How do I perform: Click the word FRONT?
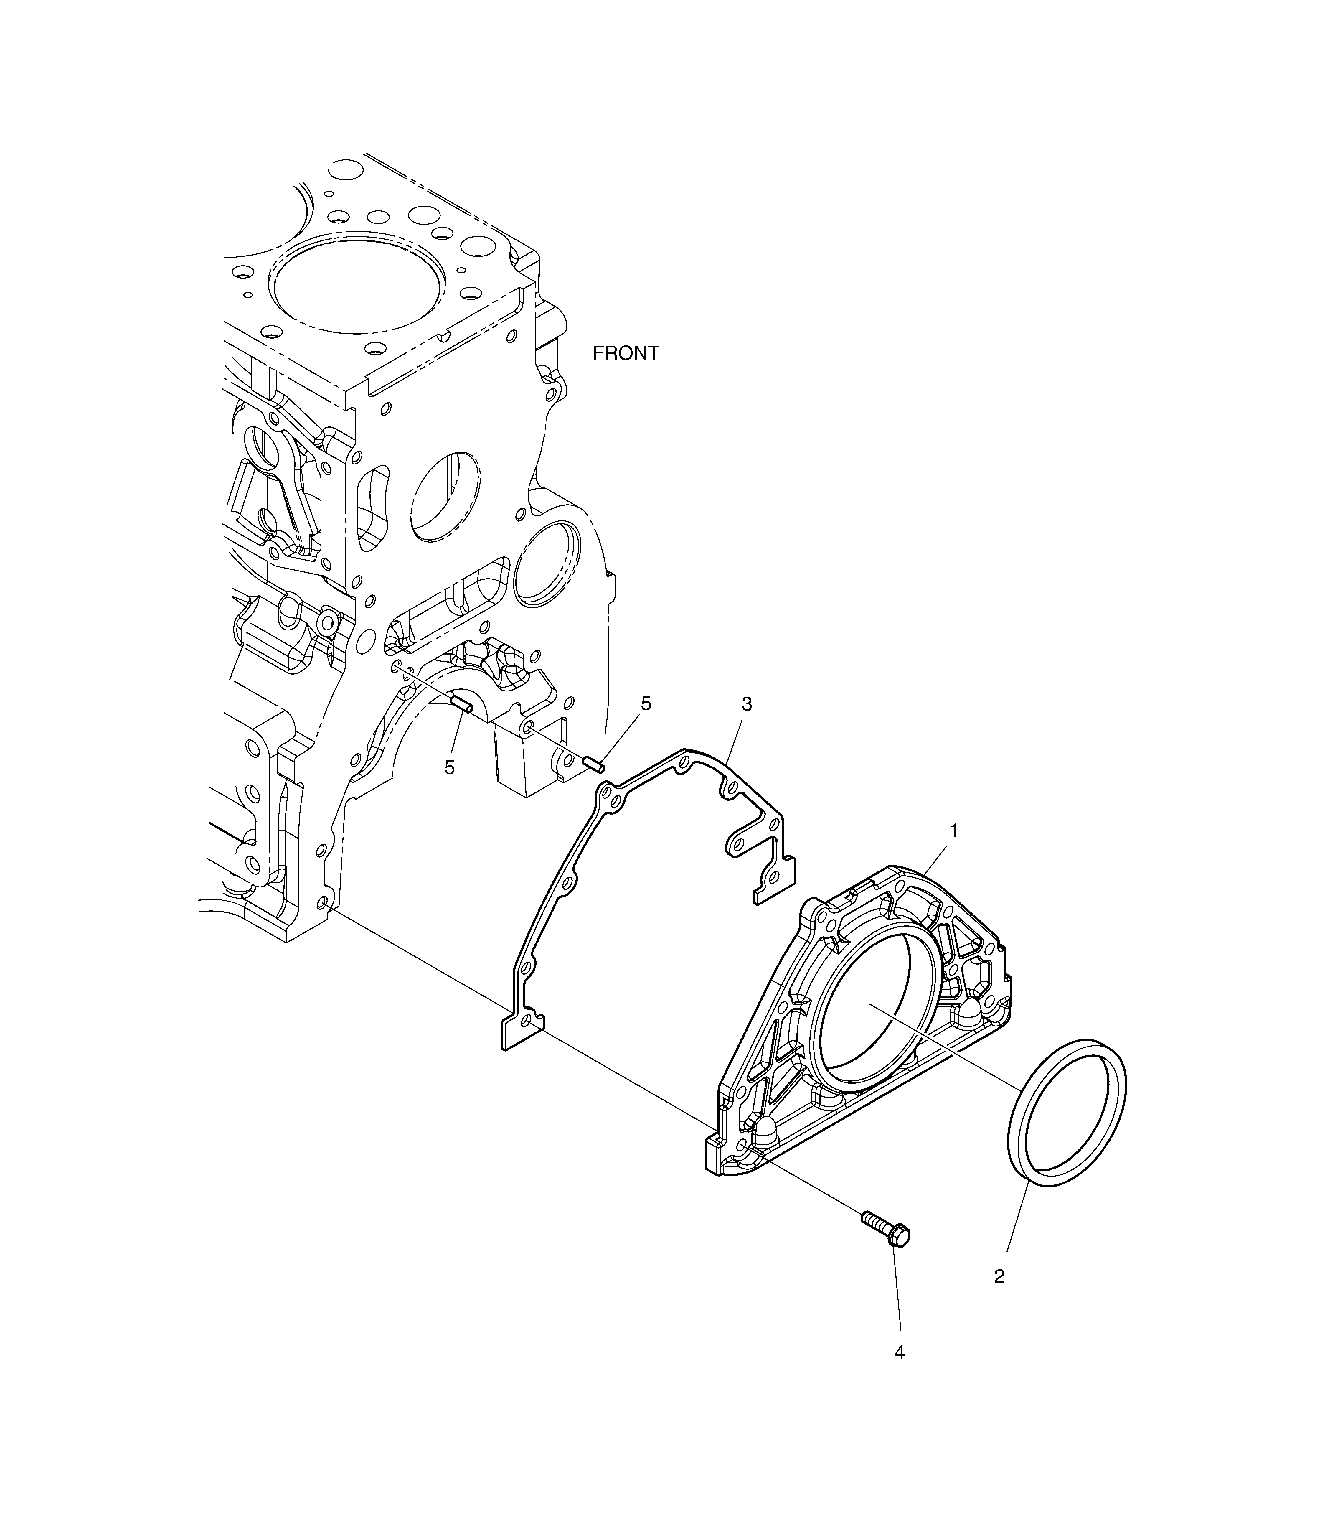626,354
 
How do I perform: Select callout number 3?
747,705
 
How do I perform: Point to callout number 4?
899,1353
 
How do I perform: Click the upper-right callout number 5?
646,704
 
